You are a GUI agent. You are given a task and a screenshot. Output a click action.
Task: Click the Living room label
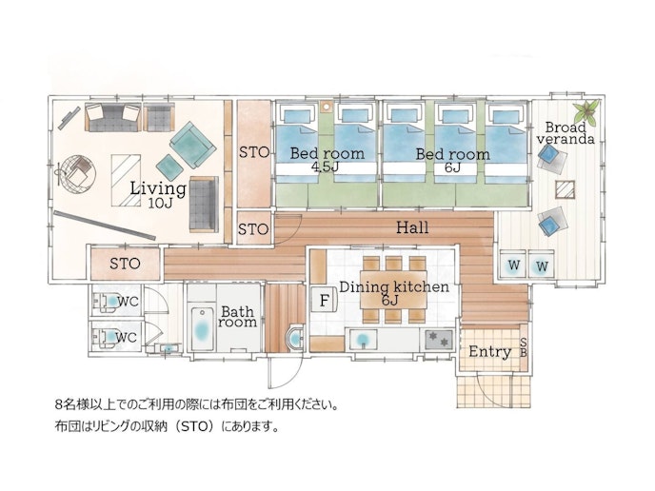[158, 194]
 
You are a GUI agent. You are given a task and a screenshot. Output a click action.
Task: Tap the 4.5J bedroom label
[327, 159]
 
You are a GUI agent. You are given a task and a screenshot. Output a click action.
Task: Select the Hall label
[412, 227]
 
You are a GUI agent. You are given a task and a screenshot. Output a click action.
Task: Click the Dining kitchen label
[394, 292]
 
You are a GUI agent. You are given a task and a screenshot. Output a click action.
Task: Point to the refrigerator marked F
[325, 300]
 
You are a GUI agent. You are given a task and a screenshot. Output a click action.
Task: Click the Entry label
[489, 351]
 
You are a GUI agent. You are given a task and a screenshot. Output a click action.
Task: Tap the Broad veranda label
[566, 133]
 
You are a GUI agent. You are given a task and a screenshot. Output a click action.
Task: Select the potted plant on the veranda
[586, 110]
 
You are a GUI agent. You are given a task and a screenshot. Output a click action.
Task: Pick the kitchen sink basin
[363, 339]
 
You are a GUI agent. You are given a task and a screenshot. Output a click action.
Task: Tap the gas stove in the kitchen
[439, 339]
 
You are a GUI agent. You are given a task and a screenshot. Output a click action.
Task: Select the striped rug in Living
[126, 181]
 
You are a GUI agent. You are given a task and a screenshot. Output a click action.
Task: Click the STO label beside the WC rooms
[125, 264]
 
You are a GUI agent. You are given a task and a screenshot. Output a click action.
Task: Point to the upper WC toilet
[108, 301]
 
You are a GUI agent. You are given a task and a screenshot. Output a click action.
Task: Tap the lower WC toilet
[108, 337]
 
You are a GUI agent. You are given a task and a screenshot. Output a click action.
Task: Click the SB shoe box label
[523, 347]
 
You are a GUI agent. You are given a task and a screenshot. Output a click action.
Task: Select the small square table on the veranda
[566, 189]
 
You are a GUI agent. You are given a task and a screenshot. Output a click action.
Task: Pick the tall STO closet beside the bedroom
[253, 153]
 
